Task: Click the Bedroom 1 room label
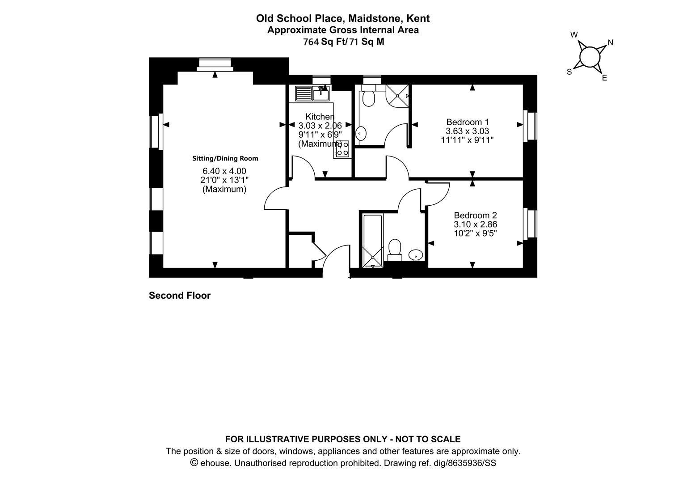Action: [x=468, y=122]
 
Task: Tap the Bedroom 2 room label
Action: [x=475, y=215]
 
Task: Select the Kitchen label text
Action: [x=320, y=117]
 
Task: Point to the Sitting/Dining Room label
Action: [x=225, y=158]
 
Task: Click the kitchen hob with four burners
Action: [x=342, y=149]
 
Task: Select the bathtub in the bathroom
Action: [x=373, y=241]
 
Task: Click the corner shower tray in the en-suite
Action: [x=397, y=96]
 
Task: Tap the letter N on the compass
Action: [x=611, y=43]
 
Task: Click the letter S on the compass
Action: [x=569, y=72]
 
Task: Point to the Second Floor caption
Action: [x=180, y=295]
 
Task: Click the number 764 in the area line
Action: [x=311, y=42]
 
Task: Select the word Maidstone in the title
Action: [x=374, y=19]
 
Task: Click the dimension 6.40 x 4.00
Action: [x=224, y=171]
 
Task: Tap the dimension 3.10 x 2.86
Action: [x=475, y=224]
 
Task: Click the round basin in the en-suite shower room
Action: [x=361, y=134]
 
